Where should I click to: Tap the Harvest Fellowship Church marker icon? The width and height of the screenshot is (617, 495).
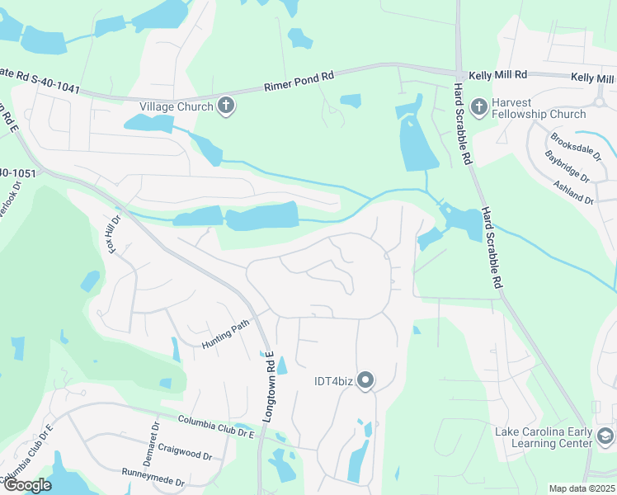click(478, 106)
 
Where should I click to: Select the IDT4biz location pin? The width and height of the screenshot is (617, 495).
click(366, 380)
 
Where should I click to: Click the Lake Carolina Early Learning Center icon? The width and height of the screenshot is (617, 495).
click(605, 436)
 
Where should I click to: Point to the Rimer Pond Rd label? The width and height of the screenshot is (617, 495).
click(299, 81)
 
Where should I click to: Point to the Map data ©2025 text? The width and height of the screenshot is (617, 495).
click(582, 488)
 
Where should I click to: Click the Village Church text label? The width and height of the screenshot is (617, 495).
click(176, 106)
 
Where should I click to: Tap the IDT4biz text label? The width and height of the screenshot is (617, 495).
click(334, 380)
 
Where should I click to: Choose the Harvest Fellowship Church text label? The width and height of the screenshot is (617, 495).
click(539, 108)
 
